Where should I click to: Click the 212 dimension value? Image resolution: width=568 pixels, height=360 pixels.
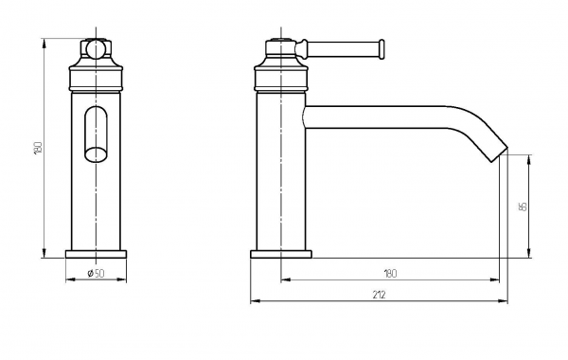pos(379,295)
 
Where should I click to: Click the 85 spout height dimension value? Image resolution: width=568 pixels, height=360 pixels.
pos(523,207)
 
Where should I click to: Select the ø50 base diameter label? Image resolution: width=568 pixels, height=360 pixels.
pos(96,273)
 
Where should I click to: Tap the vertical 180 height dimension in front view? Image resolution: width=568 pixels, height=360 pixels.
pos(38,148)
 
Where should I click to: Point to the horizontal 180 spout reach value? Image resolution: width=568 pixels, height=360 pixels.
pos(390,273)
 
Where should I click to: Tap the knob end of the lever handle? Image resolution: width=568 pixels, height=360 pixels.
pos(381,49)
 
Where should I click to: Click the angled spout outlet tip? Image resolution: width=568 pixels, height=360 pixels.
pos(500,154)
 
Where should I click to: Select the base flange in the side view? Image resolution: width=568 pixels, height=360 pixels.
pos(281,254)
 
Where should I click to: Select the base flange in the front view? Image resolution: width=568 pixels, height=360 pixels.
pos(96,254)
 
